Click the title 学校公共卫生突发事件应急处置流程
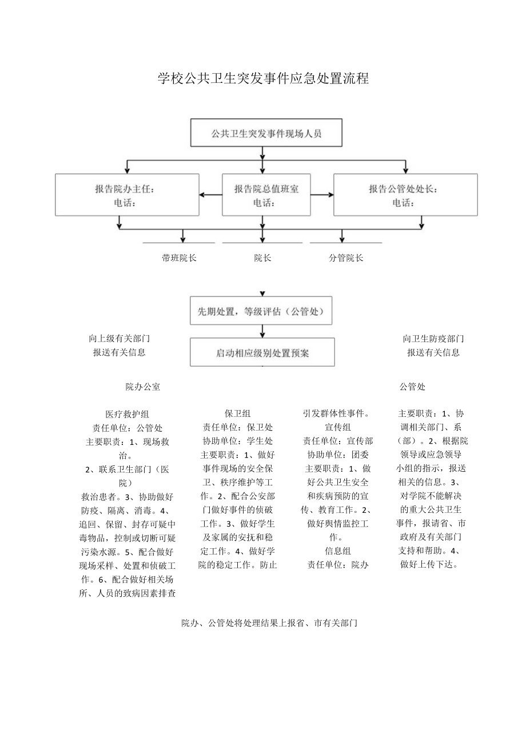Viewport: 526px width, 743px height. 263,79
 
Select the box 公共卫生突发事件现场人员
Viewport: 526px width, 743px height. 266,134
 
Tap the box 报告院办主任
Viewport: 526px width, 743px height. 127,195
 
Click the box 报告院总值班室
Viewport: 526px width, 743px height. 266,195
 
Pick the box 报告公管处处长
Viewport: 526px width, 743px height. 405,195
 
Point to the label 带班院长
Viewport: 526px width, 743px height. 179,258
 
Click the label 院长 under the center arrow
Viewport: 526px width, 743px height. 262,258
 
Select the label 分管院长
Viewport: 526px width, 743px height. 346,258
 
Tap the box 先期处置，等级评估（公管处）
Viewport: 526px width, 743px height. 261,311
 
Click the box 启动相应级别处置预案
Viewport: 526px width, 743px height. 262,352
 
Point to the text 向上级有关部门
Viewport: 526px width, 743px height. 119,339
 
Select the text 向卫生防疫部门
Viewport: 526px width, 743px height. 433,339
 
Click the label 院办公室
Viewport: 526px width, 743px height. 143,387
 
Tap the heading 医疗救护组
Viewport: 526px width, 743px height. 127,414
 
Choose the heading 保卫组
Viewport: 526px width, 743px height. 237,413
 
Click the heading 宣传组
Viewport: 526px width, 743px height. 337,427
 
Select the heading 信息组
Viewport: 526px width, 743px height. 337,551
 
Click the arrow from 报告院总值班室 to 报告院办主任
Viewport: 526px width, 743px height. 210,195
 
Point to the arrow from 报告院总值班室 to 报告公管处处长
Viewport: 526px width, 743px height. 322,195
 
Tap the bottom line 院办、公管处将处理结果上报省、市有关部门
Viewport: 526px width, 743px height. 269,623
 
